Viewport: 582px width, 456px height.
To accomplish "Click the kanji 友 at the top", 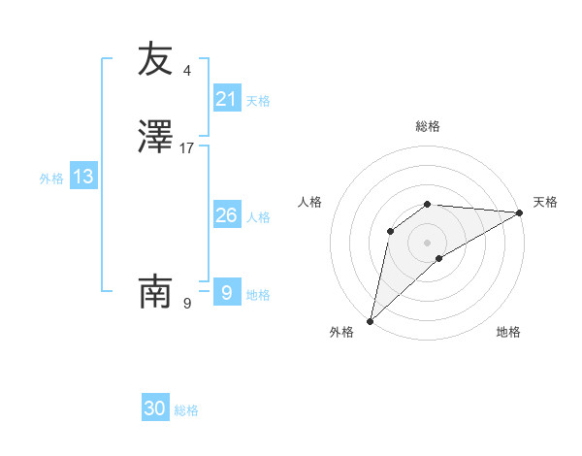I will pyautogui.click(x=155, y=59).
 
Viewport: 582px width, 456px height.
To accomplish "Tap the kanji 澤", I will pyautogui.click(x=155, y=137).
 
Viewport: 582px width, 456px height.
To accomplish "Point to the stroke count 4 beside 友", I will pyautogui.click(x=187, y=71).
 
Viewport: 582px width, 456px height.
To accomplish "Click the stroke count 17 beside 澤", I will pyautogui.click(x=187, y=148).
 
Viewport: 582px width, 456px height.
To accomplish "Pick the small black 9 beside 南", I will pyautogui.click(x=187, y=303).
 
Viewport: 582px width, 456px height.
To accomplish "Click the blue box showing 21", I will pyautogui.click(x=226, y=99).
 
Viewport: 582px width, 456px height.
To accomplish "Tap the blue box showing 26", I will pyautogui.click(x=226, y=215).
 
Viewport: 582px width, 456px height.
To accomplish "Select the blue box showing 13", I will pyautogui.click(x=83, y=177).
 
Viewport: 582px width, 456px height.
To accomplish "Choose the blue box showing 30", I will pyautogui.click(x=155, y=408).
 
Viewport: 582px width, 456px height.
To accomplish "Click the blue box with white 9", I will pyautogui.click(x=226, y=293).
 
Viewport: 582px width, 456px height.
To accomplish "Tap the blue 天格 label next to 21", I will pyautogui.click(x=258, y=101).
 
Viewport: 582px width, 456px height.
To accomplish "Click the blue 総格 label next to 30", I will pyautogui.click(x=186, y=410).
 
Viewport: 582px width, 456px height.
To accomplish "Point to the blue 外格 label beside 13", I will pyautogui.click(x=51, y=179).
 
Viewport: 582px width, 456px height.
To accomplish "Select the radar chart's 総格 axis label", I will pyautogui.click(x=428, y=126).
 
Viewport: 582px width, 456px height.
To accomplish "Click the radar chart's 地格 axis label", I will pyautogui.click(x=508, y=332).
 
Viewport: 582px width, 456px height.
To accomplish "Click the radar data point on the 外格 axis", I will pyautogui.click(x=370, y=321).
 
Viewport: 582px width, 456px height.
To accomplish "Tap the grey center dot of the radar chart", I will pyautogui.click(x=428, y=242).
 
